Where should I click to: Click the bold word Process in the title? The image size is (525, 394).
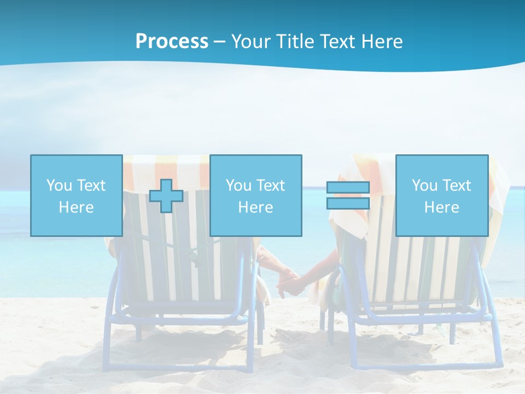point(172,41)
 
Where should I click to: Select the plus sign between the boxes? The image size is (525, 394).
point(166,196)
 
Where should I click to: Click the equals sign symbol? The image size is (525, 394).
point(348,195)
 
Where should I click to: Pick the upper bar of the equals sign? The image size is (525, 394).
point(348,188)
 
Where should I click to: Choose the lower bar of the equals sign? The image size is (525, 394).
point(348,203)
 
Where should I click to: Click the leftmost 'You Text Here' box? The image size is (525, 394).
point(77,195)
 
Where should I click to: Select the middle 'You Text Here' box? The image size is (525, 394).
point(256,195)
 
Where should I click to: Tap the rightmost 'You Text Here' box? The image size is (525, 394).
point(442,195)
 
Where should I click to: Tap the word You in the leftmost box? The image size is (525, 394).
point(59,186)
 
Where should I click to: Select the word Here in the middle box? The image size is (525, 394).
point(256,207)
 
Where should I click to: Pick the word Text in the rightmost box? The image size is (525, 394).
point(457,186)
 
